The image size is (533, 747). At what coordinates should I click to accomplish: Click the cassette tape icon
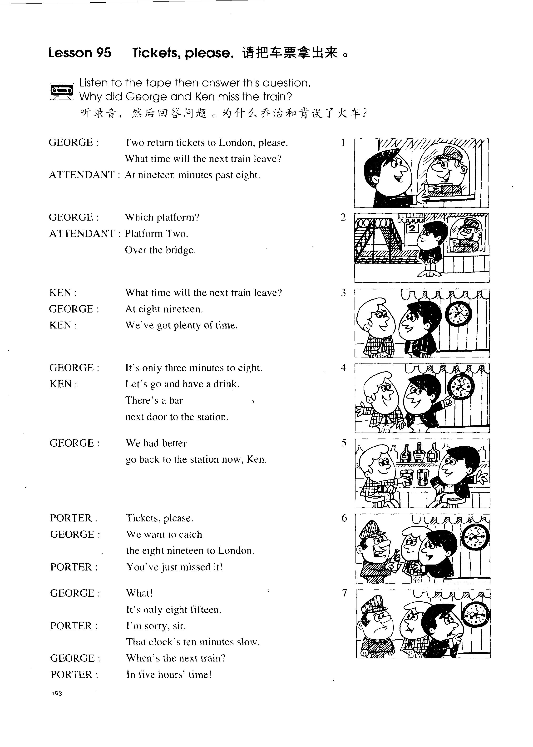61,91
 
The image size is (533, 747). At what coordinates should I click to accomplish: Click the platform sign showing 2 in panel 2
412,228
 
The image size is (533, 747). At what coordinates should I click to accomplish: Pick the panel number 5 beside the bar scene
344,443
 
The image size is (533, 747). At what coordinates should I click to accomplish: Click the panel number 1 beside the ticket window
343,143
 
